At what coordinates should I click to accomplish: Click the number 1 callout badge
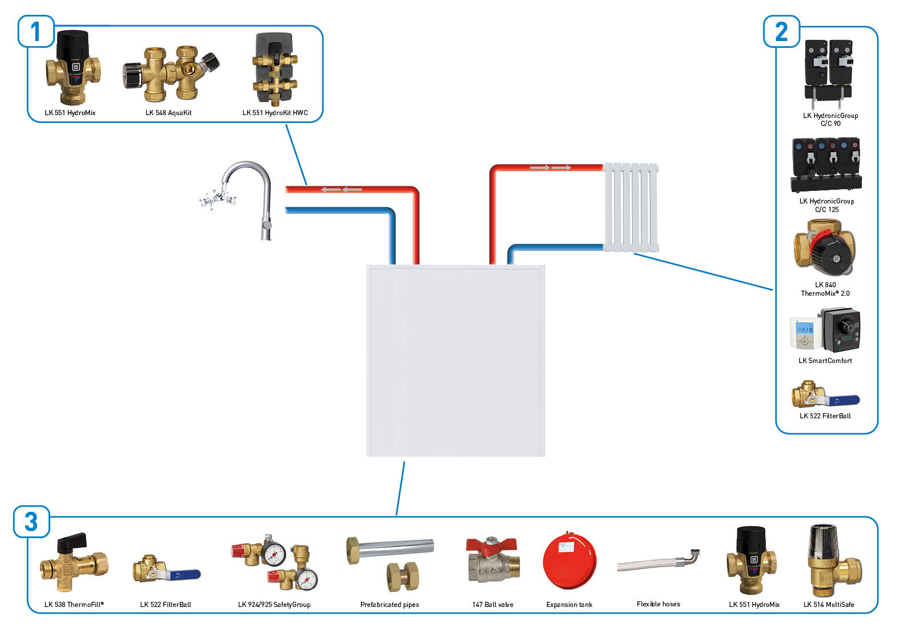tap(36, 31)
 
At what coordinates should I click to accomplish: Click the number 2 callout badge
tap(781, 31)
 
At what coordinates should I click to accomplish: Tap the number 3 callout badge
tap(31, 521)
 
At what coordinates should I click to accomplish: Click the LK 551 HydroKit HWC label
tap(275, 113)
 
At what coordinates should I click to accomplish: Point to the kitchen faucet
tap(245, 197)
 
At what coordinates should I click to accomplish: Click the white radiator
tap(631, 207)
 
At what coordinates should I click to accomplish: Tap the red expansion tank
tap(569, 561)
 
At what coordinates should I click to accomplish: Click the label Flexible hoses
tap(658, 604)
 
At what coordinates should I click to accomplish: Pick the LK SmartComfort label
tap(825, 361)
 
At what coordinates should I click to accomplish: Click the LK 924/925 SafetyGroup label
tap(274, 605)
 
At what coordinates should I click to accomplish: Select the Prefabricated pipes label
tap(389, 605)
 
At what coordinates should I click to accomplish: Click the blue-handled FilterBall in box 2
tap(824, 394)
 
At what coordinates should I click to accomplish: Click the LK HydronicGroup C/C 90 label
tap(830, 119)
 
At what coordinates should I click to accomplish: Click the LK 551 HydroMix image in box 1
tap(73, 68)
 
